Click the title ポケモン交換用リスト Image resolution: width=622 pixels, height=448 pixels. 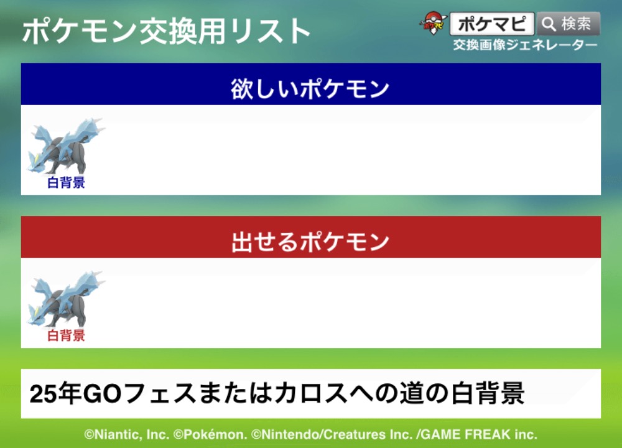pos(166,31)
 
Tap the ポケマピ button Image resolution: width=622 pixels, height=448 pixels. pos(492,24)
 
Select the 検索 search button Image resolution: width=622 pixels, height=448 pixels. pos(569,24)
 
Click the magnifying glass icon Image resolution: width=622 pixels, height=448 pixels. pos(549,24)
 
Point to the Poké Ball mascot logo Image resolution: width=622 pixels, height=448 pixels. pos(433,23)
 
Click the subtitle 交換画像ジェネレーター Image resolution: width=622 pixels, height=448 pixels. pos(525,45)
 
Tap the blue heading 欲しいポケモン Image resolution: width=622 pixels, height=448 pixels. pos(310,88)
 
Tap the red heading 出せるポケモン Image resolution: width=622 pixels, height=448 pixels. pos(310,241)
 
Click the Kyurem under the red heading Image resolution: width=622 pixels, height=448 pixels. pos(65,299)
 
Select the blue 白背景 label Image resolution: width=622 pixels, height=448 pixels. pos(66,182)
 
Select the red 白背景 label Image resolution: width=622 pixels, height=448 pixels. pos(66,336)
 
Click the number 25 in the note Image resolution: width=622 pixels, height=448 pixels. pos(42,394)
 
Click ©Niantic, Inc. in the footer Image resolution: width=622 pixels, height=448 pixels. pos(126,434)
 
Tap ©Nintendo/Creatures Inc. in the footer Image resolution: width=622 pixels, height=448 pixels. pos(332,434)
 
